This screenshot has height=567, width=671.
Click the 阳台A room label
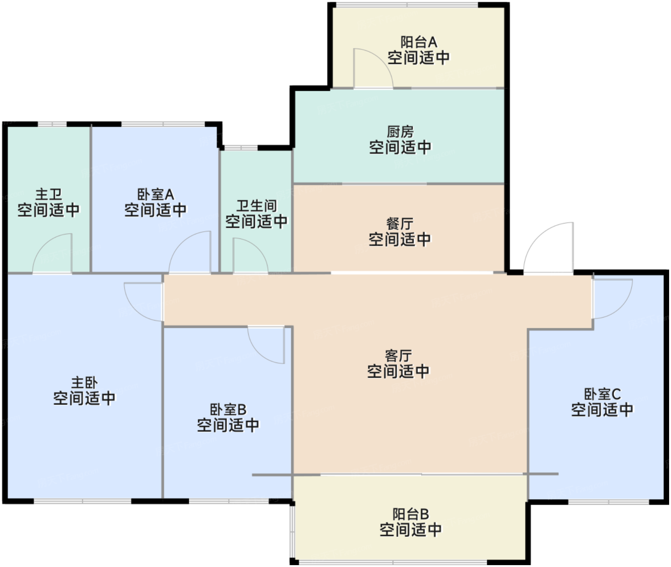tap(418, 42)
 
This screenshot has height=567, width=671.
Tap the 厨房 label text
tap(400, 132)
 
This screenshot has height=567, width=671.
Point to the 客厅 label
tap(398, 356)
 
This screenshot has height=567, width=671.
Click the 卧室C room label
tap(602, 394)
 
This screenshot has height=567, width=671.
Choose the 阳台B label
tap(411, 514)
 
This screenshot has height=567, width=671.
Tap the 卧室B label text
tap(228, 410)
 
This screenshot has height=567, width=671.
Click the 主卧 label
tap(84, 383)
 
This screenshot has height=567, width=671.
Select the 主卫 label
tap(48, 195)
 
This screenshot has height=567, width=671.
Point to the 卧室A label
tap(156, 195)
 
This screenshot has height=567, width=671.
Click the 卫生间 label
tap(256, 206)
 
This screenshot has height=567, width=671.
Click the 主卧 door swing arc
tap(135, 309)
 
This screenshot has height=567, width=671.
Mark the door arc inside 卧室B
tap(259, 353)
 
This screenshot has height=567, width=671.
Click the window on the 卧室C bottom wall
tap(608, 502)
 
